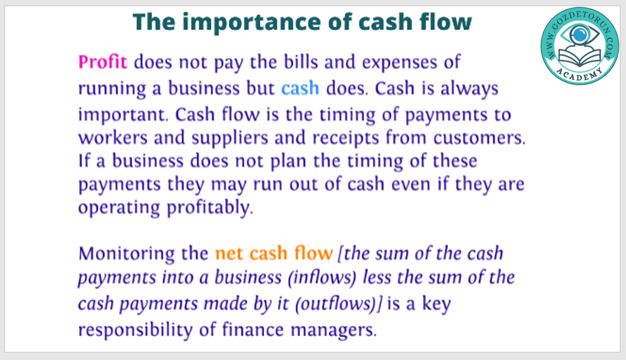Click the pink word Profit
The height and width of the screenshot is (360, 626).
(103, 62)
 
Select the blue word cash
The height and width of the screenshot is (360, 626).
(300, 88)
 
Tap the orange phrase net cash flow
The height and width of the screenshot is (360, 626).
(273, 253)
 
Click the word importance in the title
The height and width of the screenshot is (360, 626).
(251, 22)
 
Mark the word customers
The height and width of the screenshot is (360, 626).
(479, 138)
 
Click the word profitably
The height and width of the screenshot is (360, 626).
(209, 208)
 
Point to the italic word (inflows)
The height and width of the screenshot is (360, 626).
(322, 278)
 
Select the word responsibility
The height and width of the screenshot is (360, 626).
(135, 331)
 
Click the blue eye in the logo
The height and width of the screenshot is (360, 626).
(579, 35)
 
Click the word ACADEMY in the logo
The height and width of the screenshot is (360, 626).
(579, 74)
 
